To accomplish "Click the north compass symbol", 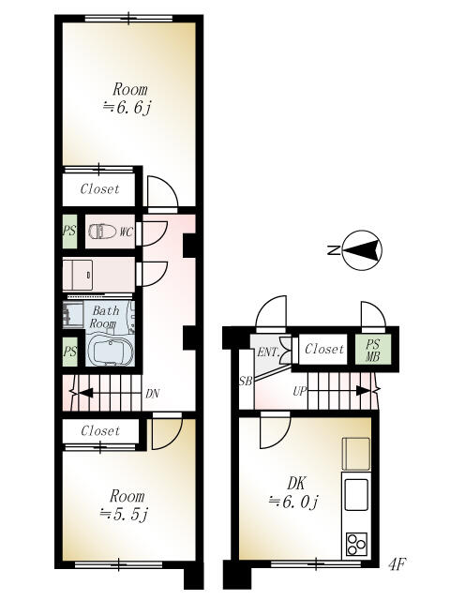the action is point(362,250).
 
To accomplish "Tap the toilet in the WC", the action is point(102,232).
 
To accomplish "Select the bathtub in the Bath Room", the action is point(109,350).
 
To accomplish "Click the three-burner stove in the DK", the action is point(356,544).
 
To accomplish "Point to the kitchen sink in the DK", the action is point(356,494).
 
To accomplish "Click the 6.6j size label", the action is point(127,108).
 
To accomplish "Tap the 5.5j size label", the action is point(124,514).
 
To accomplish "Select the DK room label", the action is point(296,484).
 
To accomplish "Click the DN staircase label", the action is point(152,394).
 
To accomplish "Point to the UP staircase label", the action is point(300,391).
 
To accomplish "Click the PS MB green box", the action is point(373,350).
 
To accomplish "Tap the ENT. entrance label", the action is point(268,352).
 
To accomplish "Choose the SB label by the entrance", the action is point(246,382).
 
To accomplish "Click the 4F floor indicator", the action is point(397,564).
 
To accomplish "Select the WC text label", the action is point(126,232).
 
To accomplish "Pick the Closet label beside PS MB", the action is point(323,349).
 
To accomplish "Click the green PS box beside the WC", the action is point(69,232).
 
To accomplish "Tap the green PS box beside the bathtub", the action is point(70,352).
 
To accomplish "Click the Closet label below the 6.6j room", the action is point(99,188).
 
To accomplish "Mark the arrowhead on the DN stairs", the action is point(85,393).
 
